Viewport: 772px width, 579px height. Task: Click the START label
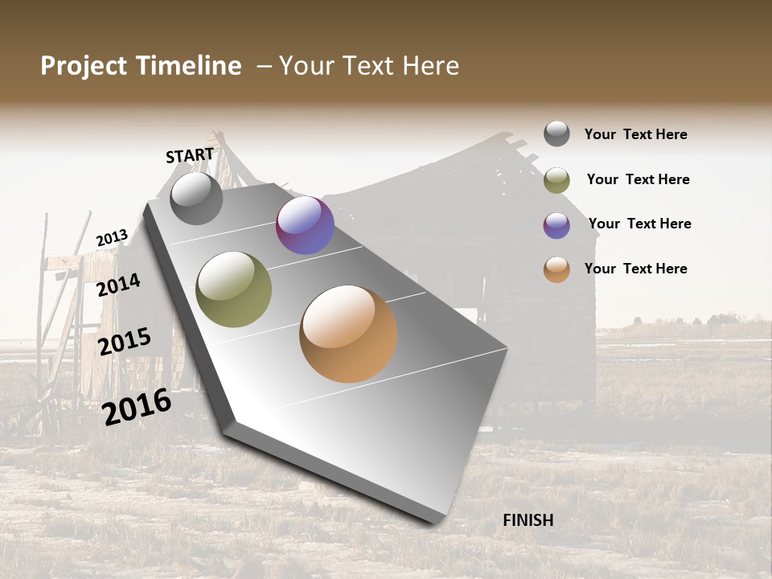pos(190,155)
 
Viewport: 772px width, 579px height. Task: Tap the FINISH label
pos(528,520)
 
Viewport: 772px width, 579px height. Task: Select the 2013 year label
pos(112,238)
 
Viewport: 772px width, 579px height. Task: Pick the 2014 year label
pos(118,285)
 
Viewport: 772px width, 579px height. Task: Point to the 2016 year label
pos(137,406)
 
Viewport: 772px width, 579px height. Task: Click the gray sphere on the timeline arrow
pos(196,198)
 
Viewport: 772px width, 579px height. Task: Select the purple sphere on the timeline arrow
pos(305,225)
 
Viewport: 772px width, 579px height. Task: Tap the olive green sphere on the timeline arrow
pos(234,289)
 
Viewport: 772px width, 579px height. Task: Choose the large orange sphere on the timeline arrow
pos(348,334)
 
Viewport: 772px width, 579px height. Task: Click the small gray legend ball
pos(556,133)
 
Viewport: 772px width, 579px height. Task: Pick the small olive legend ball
pos(556,180)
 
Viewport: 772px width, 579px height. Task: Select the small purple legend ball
pos(556,225)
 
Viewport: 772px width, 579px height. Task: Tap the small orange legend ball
pos(556,269)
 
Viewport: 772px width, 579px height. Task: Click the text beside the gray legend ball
pos(635,135)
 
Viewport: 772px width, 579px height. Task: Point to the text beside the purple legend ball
pos(639,224)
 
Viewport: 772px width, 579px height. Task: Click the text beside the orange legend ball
pos(635,269)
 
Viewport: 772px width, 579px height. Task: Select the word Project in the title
pos(84,66)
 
